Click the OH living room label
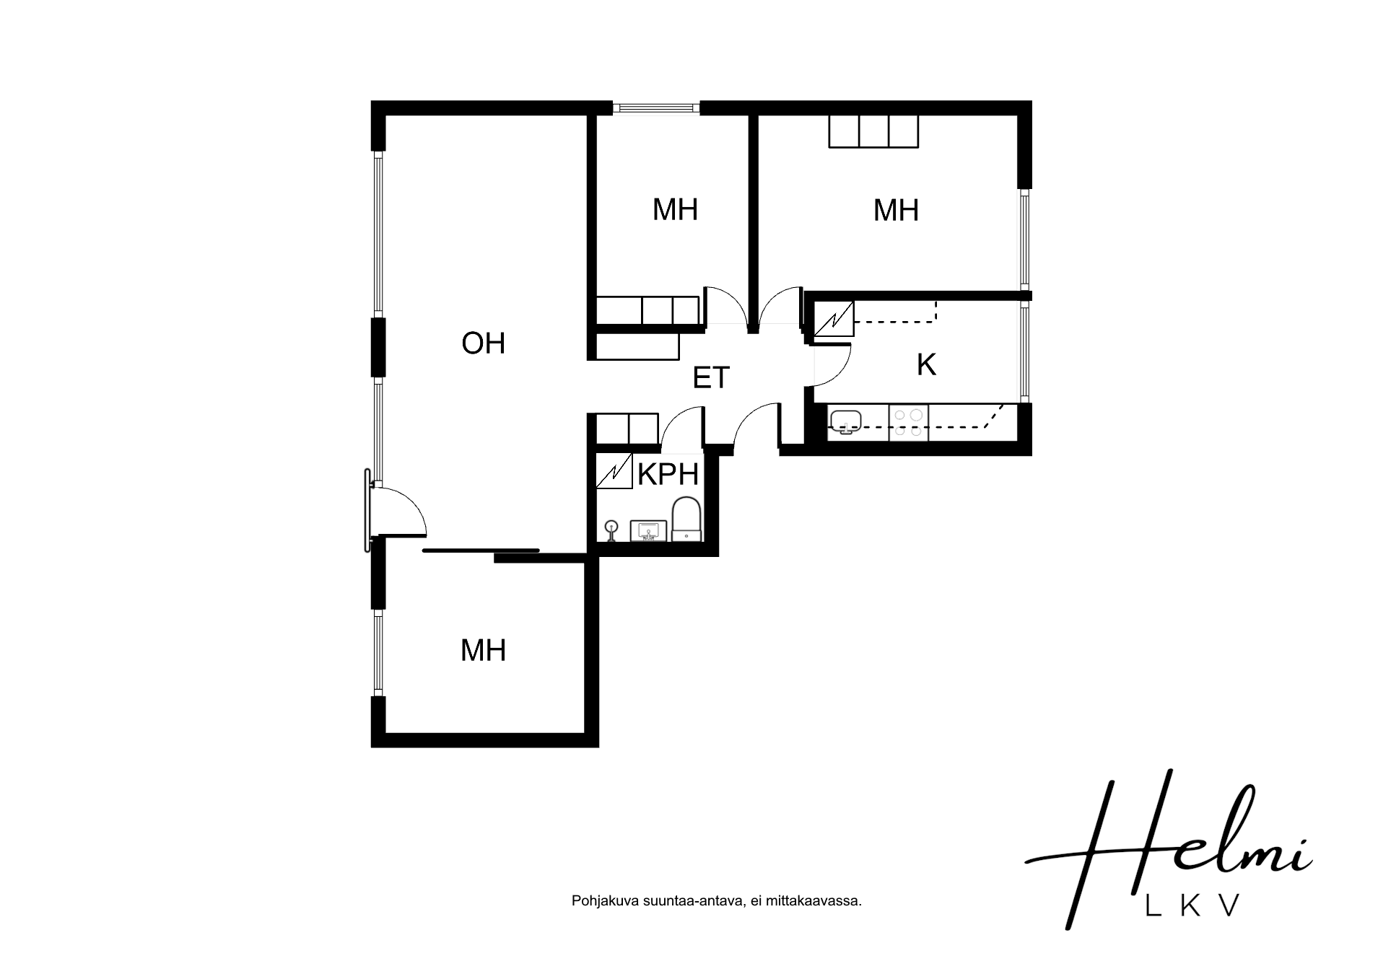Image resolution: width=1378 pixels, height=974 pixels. coord(483,343)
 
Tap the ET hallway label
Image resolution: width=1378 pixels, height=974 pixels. coord(711,378)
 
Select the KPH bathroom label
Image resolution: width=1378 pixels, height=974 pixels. coord(668,475)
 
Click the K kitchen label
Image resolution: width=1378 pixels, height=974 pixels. coord(926,365)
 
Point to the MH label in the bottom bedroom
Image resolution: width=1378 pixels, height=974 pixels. coord(483,651)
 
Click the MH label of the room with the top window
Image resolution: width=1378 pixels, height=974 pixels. coord(675,210)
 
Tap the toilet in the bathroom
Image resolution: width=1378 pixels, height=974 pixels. coord(686,518)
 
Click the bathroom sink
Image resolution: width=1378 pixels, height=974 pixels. coord(649,531)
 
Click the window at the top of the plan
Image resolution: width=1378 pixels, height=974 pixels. coord(656,108)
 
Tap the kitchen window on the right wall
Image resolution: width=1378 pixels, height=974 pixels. coord(1025,351)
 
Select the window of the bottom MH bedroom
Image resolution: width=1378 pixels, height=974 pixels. coord(378,653)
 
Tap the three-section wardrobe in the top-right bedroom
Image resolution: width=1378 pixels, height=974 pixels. coord(873,131)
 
